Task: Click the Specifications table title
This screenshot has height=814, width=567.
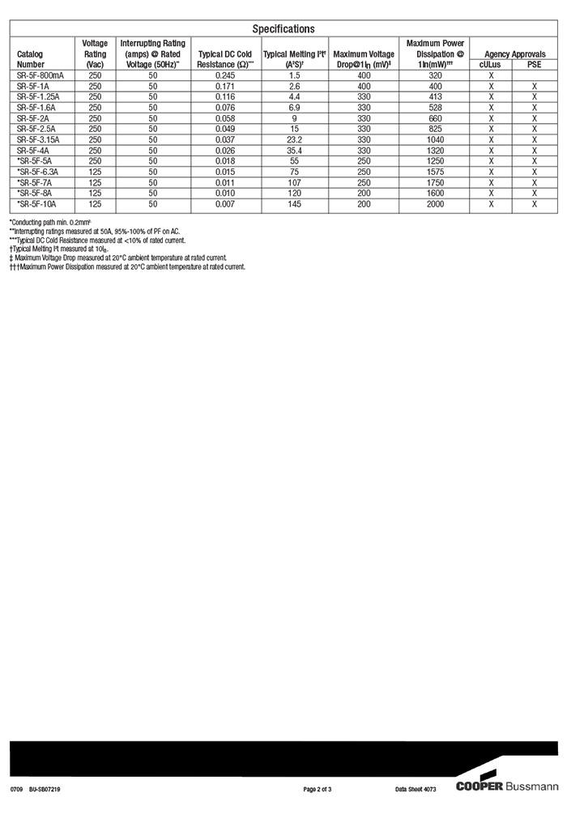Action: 283,29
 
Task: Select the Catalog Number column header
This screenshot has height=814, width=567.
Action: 31,59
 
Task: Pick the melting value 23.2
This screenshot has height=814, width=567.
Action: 294,139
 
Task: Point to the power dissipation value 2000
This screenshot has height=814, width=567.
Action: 435,204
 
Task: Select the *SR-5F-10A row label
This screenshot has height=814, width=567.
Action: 38,204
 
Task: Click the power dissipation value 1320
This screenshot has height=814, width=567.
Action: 435,150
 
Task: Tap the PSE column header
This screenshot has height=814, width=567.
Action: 534,65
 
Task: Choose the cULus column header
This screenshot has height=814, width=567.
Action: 490,65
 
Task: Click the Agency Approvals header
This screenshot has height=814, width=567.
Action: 514,54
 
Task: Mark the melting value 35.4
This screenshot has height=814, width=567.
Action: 294,150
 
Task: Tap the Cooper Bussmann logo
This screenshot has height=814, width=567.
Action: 506,786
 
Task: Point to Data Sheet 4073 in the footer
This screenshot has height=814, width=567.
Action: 416,788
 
